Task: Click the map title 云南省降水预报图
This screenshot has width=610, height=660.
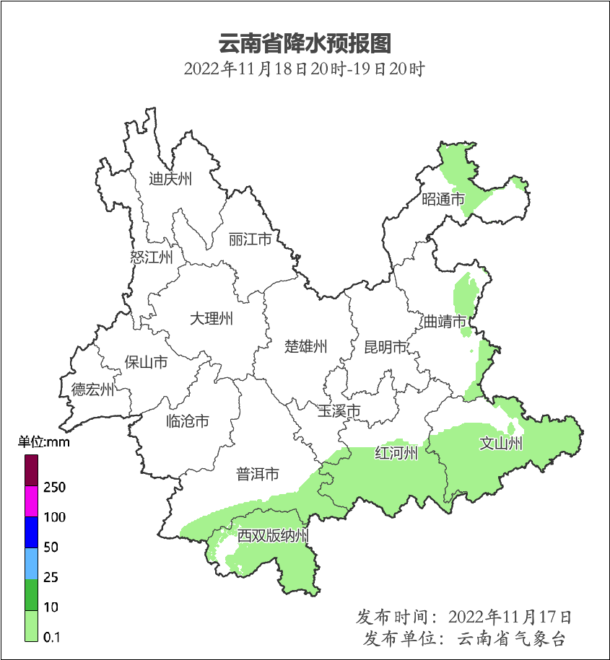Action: pyautogui.click(x=304, y=43)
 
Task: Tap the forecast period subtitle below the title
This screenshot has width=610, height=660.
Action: pyautogui.click(x=304, y=70)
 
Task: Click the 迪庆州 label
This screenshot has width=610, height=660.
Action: pyautogui.click(x=170, y=179)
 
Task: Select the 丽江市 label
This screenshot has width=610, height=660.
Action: pyautogui.click(x=250, y=239)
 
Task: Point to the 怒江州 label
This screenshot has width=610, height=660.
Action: pyautogui.click(x=152, y=258)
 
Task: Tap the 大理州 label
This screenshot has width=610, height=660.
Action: pyautogui.click(x=212, y=319)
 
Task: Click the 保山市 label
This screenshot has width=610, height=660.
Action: pyautogui.click(x=146, y=362)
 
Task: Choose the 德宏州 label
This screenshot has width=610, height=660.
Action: pyautogui.click(x=92, y=390)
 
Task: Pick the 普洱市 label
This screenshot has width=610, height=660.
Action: pyautogui.click(x=258, y=475)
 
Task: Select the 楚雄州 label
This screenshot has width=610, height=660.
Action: pyautogui.click(x=305, y=347)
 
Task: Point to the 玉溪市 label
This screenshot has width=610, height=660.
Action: pyautogui.click(x=339, y=411)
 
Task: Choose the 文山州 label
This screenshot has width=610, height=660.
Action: pyautogui.click(x=501, y=444)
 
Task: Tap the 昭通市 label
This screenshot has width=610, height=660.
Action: pyautogui.click(x=443, y=199)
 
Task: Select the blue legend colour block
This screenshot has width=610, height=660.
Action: pyautogui.click(x=31, y=532)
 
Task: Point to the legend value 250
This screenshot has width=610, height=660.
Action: pyautogui.click(x=54, y=488)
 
